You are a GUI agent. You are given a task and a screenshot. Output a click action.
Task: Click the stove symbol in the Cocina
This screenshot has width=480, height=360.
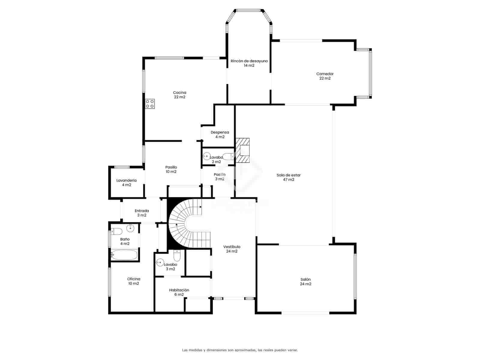point(150,104)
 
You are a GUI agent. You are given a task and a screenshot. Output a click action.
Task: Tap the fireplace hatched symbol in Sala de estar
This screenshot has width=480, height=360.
point(242,150)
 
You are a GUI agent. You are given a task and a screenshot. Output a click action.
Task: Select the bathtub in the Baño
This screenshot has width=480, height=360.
point(124,255)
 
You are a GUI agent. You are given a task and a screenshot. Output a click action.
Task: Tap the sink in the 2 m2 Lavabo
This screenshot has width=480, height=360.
point(206,156)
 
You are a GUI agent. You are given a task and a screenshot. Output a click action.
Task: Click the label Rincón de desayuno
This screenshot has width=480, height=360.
point(249,61)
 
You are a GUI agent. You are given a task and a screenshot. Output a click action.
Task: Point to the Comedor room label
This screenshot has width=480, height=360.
point(325,74)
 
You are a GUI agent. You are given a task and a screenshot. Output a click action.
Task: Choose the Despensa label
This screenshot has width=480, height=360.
point(220,132)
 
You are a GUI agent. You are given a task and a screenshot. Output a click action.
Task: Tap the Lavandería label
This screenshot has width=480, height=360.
point(126,180)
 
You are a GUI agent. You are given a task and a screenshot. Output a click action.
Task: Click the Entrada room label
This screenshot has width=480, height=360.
point(142,211)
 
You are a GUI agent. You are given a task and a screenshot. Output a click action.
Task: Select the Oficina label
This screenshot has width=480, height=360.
point(133,279)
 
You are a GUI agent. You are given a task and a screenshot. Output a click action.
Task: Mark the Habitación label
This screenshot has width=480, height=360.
point(179,290)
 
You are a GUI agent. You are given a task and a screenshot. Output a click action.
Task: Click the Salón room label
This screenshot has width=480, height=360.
point(305,279)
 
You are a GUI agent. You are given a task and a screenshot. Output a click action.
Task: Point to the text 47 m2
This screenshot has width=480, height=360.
point(289,180)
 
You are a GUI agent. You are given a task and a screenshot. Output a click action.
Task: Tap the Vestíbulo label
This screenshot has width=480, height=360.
point(232,247)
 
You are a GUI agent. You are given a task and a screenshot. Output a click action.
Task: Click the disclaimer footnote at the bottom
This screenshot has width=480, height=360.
point(240,350)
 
